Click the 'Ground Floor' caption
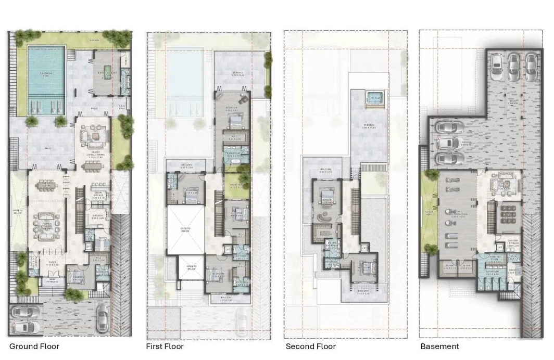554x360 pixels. pos(34,346)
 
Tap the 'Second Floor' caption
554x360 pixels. pos(311,346)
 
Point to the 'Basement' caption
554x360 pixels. pos(439,346)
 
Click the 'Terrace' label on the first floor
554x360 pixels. pos(237,73)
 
